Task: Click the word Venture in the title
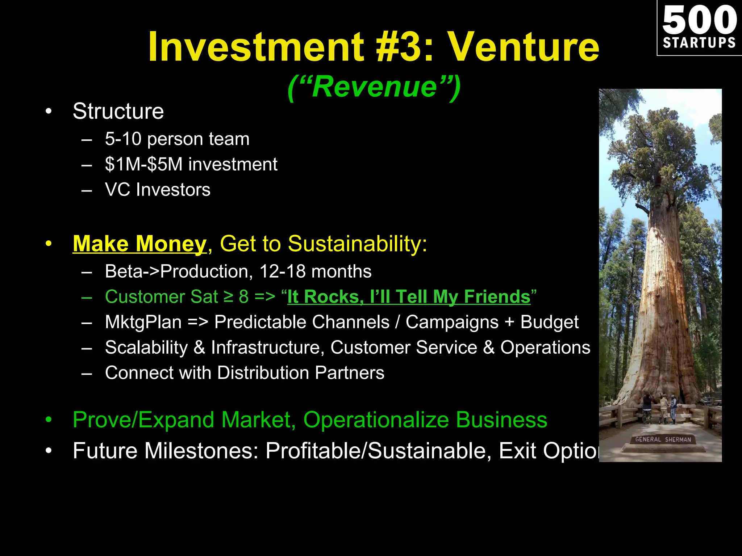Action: [524, 47]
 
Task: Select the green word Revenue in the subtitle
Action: [374, 87]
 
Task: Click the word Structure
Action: [118, 111]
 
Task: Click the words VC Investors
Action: [158, 190]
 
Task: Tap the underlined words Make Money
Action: [139, 244]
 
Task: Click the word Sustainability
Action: [357, 244]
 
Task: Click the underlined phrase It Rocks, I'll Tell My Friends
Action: [409, 297]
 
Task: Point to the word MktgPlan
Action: [143, 322]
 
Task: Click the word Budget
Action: [549, 322]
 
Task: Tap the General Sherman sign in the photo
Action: [663, 439]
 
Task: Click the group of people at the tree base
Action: [659, 407]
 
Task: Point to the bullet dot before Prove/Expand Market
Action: [49, 420]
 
